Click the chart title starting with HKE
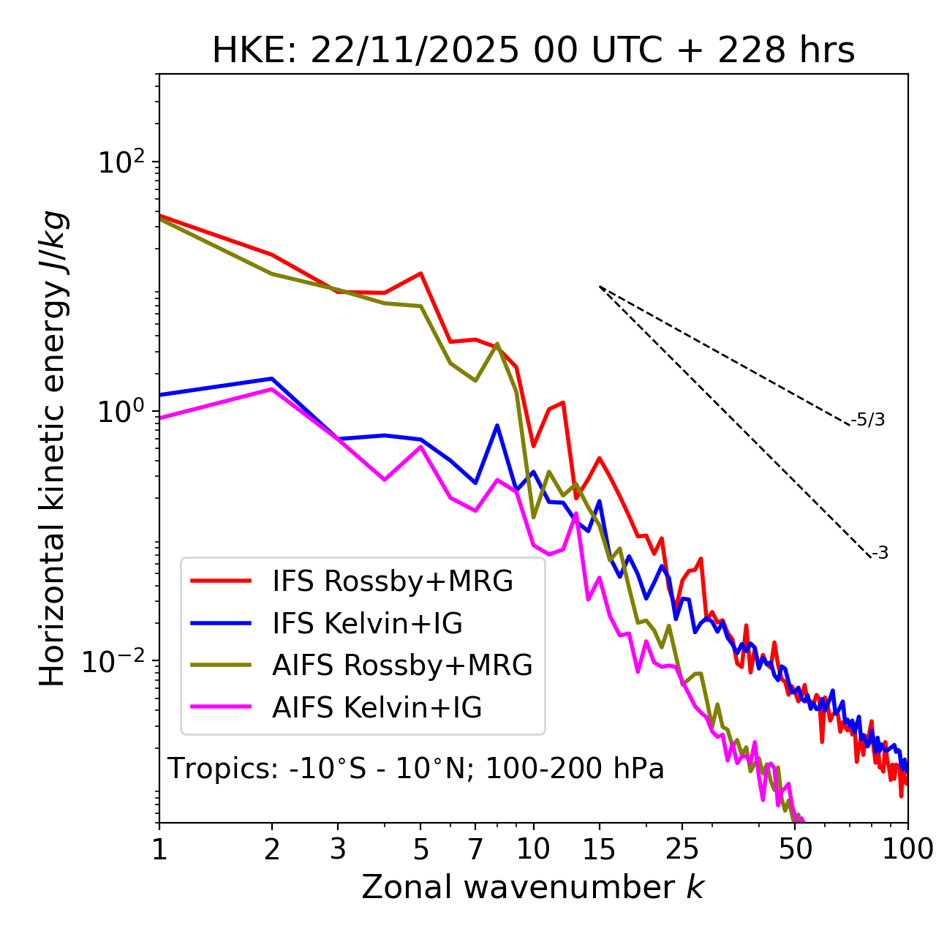click(533, 51)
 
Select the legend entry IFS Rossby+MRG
click(393, 581)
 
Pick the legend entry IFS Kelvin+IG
click(367, 623)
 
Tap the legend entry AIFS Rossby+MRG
click(402, 665)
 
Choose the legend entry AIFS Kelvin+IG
click(377, 707)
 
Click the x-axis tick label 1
click(159, 850)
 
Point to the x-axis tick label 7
click(475, 850)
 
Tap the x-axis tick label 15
click(599, 850)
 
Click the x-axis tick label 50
click(795, 850)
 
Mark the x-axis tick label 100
click(906, 850)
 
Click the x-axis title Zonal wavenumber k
click(533, 887)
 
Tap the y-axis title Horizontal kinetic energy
click(53, 448)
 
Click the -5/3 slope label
click(869, 420)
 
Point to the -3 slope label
click(880, 553)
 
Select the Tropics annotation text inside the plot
click(416, 769)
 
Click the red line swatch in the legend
click(221, 581)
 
